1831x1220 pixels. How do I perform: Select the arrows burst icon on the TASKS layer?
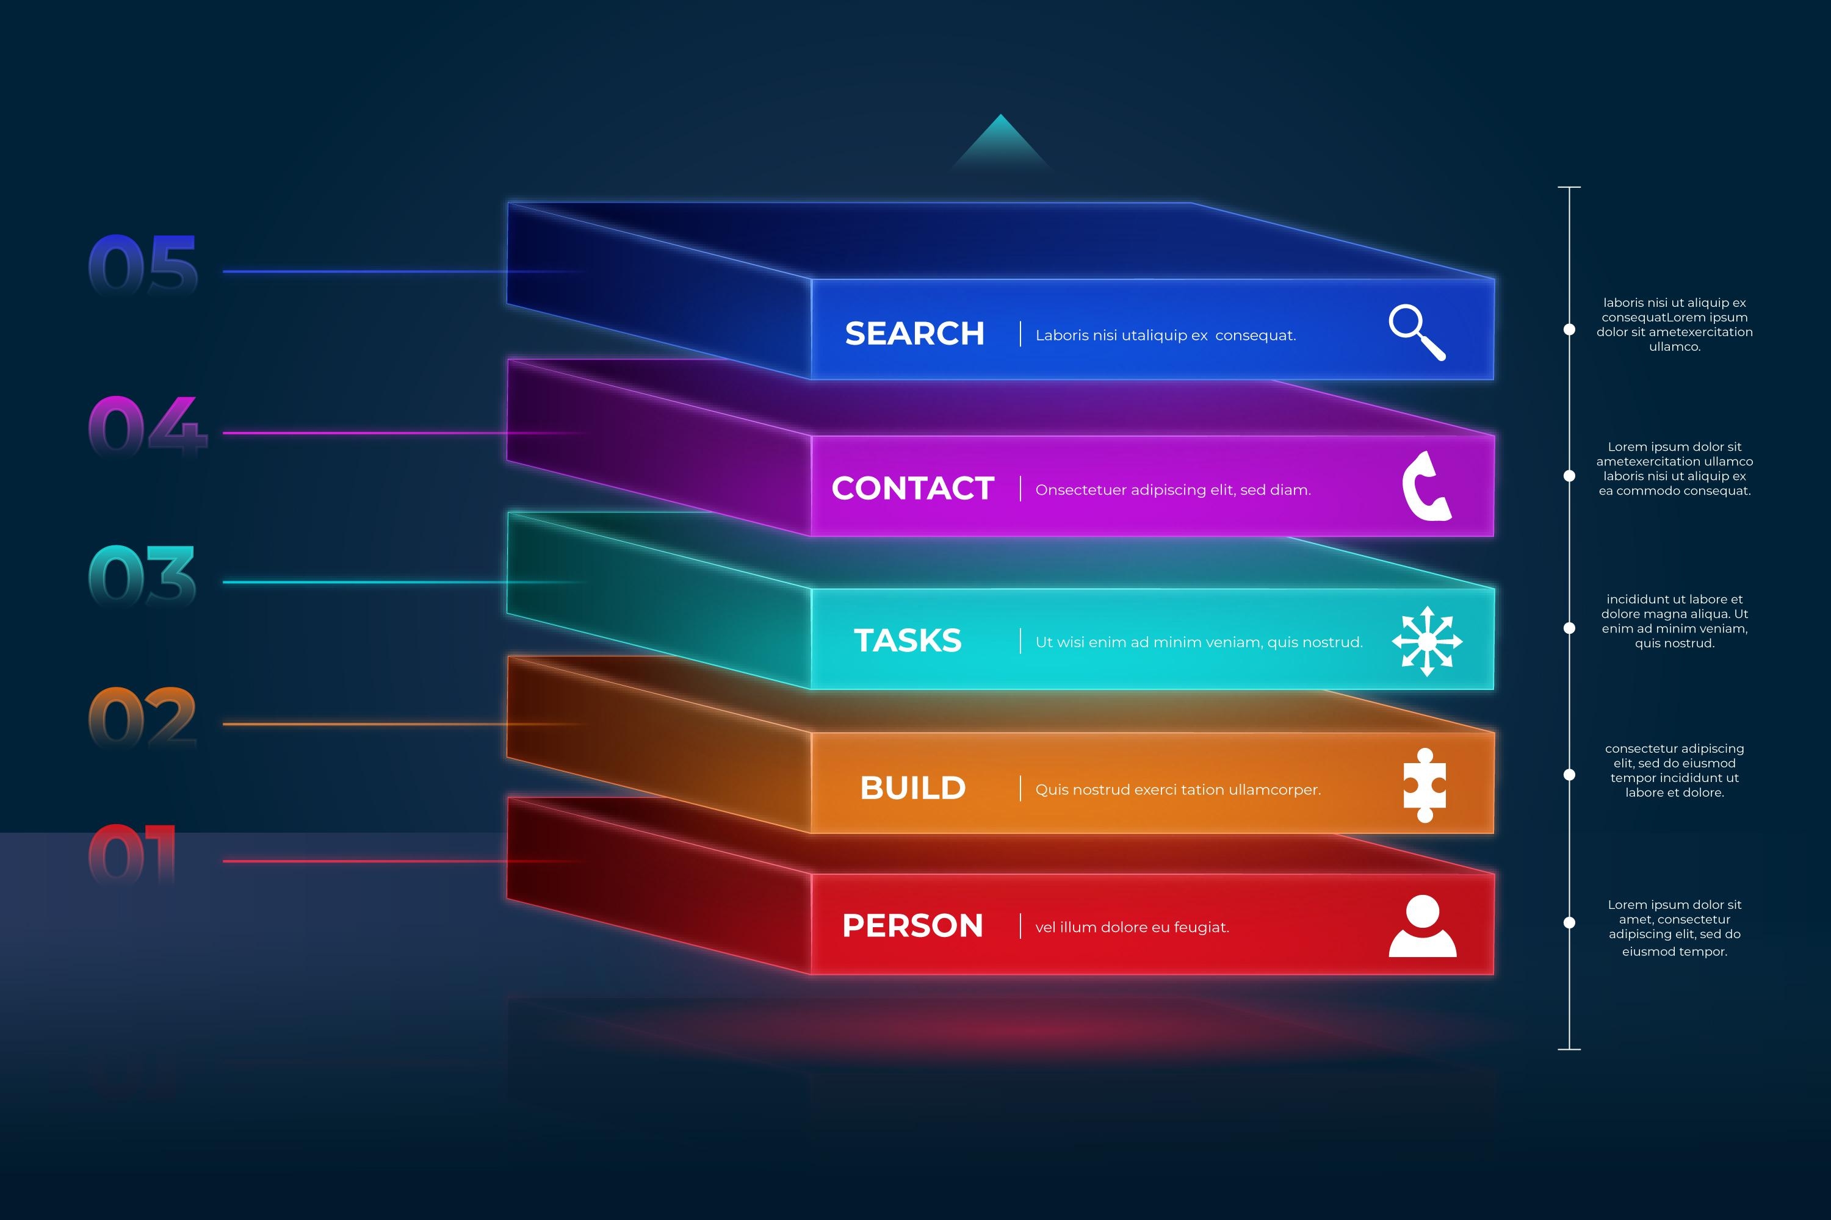[x=1427, y=641]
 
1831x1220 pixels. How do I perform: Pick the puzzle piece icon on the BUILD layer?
[x=1425, y=785]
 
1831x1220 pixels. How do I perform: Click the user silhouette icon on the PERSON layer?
[x=1422, y=925]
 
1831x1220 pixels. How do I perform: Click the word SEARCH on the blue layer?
[x=915, y=334]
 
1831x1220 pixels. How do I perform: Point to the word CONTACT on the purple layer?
[x=913, y=489]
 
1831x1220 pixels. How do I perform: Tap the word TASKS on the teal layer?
[x=908, y=640]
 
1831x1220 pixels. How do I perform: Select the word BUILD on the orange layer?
[x=913, y=788]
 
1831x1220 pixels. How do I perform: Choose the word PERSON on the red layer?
[x=913, y=926]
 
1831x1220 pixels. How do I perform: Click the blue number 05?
[x=143, y=265]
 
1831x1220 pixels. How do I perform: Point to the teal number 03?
[x=142, y=575]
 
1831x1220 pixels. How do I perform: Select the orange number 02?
[x=142, y=717]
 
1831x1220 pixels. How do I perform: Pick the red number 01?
[x=132, y=855]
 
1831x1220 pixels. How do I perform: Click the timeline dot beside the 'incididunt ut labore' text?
[x=1569, y=628]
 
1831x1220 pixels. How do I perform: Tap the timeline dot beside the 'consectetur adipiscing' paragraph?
[x=1569, y=774]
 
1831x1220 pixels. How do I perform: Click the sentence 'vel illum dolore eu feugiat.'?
[x=1132, y=927]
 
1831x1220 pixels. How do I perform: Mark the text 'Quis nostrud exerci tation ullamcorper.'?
[x=1178, y=790]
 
